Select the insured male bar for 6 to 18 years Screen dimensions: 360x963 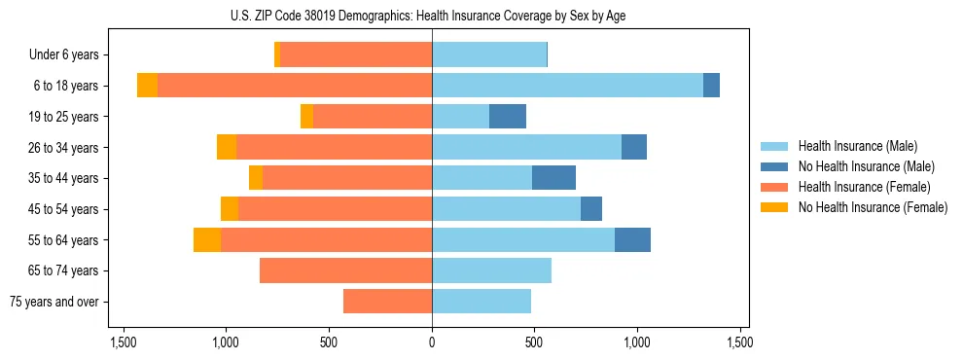click(x=567, y=86)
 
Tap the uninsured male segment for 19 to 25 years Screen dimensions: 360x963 click(x=508, y=117)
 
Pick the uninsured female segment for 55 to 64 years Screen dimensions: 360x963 click(x=207, y=239)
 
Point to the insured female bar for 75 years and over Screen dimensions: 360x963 click(x=387, y=302)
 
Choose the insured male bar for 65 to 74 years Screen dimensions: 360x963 click(x=491, y=270)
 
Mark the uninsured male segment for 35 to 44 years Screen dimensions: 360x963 click(x=553, y=178)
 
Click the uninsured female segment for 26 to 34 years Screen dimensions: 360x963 click(x=227, y=147)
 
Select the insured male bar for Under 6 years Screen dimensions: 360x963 click(x=489, y=54)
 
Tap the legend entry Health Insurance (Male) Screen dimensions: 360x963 click(x=857, y=146)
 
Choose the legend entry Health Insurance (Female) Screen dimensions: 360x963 click(x=862, y=187)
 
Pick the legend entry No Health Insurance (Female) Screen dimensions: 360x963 click(x=872, y=207)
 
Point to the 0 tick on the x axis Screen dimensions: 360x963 click(x=432, y=342)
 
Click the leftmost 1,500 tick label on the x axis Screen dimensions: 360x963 click(x=124, y=342)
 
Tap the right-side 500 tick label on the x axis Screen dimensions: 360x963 click(x=534, y=342)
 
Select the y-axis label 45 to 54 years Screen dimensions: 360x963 click(x=63, y=209)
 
